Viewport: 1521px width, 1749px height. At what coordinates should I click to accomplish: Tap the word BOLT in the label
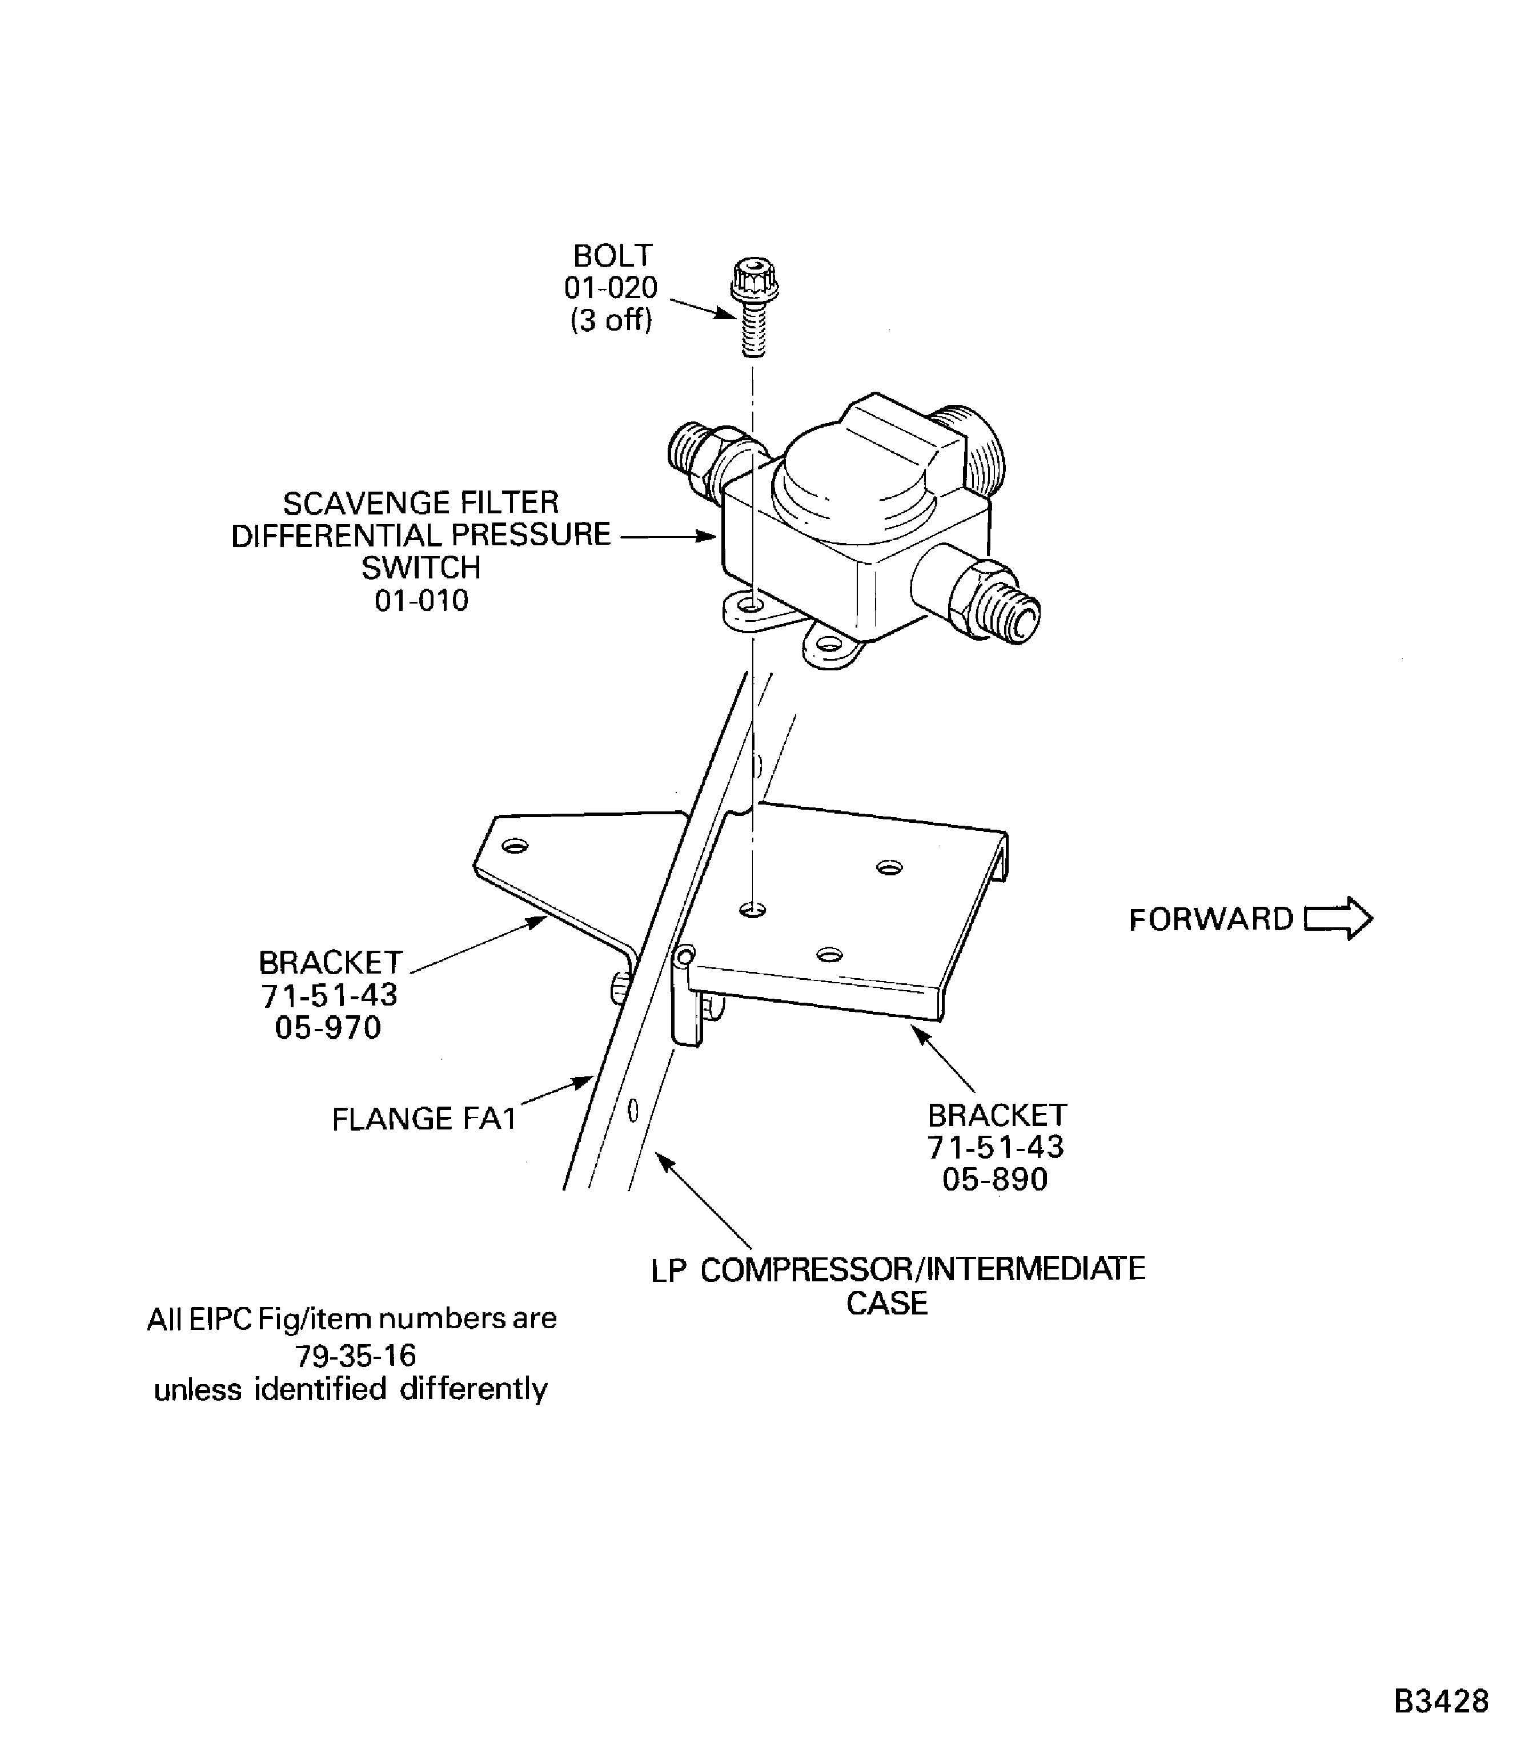pyautogui.click(x=612, y=255)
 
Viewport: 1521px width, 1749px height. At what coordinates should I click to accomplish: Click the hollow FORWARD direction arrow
pyautogui.click(x=1338, y=919)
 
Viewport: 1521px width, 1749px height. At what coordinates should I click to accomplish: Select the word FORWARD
pyautogui.click(x=1210, y=920)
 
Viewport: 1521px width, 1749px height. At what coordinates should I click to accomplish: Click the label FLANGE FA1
pyautogui.click(x=424, y=1119)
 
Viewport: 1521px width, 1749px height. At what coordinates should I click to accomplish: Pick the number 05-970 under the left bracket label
pyautogui.click(x=328, y=1028)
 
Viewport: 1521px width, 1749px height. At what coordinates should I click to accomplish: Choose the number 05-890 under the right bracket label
pyautogui.click(x=995, y=1180)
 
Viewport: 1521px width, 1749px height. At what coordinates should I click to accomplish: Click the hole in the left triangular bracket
pyautogui.click(x=515, y=846)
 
